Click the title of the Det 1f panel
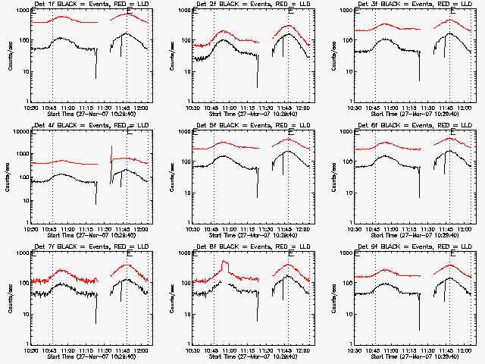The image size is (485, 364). coord(90,5)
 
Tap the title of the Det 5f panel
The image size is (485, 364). coord(252,127)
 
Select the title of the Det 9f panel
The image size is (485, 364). coord(413,248)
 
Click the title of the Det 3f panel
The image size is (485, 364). coord(413,5)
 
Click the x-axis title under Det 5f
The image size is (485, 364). coord(252,235)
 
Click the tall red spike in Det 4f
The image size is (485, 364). coord(111,149)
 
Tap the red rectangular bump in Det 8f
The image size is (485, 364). coord(225,265)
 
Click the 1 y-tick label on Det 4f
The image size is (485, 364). coord(26,223)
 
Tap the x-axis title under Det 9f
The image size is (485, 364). coord(413,356)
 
